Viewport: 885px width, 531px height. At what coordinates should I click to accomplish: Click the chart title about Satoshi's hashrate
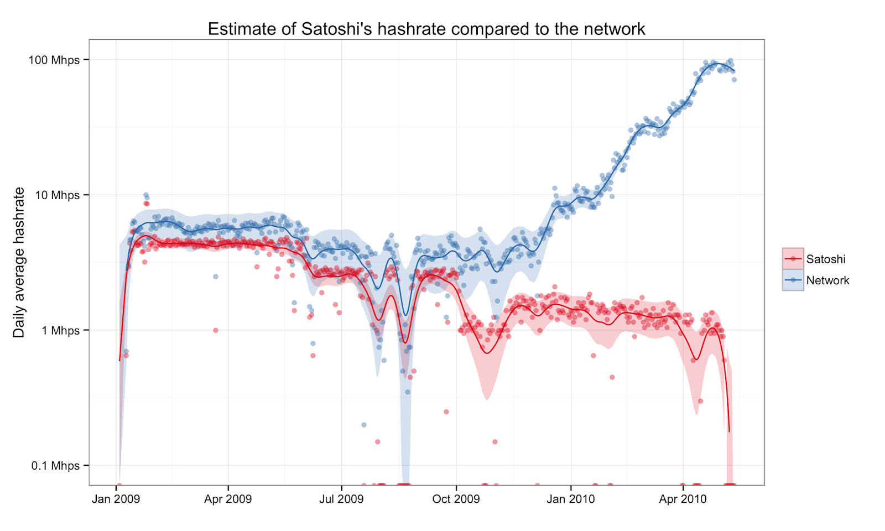point(426,29)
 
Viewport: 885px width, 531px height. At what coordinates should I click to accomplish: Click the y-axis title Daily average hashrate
point(19,262)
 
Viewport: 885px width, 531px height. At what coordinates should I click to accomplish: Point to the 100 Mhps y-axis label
point(54,60)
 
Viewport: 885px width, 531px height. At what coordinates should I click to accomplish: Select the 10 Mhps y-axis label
point(58,195)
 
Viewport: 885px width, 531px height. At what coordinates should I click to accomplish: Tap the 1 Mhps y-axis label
point(60,330)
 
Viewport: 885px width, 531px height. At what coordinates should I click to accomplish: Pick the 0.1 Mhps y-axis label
point(56,466)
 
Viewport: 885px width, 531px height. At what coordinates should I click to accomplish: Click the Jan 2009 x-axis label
point(116,499)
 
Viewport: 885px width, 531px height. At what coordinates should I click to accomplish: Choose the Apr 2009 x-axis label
point(228,499)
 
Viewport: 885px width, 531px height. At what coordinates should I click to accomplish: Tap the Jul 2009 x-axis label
point(341,499)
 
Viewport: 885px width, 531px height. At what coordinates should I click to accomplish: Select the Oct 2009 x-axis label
point(456,499)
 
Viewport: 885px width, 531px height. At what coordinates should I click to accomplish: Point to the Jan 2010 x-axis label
point(570,499)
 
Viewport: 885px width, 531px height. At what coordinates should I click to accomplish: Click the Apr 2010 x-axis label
point(683,499)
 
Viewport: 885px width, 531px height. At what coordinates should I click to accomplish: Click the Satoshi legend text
point(825,259)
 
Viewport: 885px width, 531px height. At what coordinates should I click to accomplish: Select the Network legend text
point(827,280)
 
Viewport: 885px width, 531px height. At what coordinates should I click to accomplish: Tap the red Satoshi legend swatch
point(793,259)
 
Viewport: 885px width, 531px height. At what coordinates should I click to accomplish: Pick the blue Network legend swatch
point(793,280)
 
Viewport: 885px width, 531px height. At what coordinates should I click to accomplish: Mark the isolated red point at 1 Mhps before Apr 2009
point(216,330)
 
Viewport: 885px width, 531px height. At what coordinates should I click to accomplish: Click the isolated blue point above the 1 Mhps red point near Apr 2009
point(216,277)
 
